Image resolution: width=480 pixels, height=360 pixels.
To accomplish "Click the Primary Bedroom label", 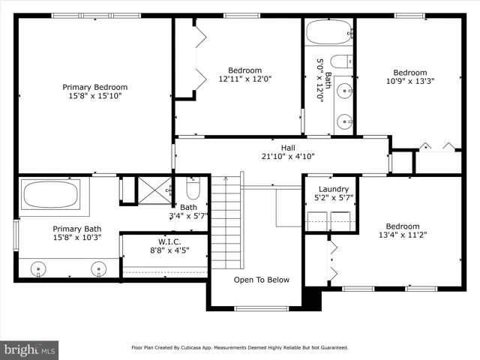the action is coord(95,87).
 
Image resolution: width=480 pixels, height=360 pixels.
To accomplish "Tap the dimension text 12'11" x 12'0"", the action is coord(245,79).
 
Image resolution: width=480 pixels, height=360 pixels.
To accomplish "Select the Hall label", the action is coord(288,148).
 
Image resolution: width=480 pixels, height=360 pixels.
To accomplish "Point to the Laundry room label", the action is coord(334,189).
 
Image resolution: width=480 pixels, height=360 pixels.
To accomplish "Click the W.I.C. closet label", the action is coord(169,241).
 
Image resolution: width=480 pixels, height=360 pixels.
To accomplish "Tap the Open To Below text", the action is coord(262,280).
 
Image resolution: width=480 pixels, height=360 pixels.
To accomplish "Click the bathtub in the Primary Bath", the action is coord(51,195).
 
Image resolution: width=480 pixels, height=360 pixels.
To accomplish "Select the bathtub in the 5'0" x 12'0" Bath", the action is coord(329,32).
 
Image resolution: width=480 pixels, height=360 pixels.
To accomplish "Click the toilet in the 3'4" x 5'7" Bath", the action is coord(193,188).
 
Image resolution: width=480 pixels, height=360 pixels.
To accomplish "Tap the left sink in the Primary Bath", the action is coord(38,269).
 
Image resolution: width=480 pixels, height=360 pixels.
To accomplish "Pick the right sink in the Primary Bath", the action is coord(98,269).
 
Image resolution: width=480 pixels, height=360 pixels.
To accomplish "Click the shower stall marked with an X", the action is coord(155,190).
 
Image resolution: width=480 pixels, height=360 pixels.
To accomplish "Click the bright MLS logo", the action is coord(29,350).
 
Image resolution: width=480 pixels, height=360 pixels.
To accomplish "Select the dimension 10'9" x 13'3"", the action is coord(410,81).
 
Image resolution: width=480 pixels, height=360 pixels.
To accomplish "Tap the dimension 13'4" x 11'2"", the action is coord(403,235).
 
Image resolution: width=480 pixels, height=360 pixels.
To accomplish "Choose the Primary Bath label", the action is coord(76,229).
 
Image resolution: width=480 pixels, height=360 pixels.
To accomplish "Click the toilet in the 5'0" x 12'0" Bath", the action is coord(342,62).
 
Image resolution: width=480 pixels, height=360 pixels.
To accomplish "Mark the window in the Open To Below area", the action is coord(262,308).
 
